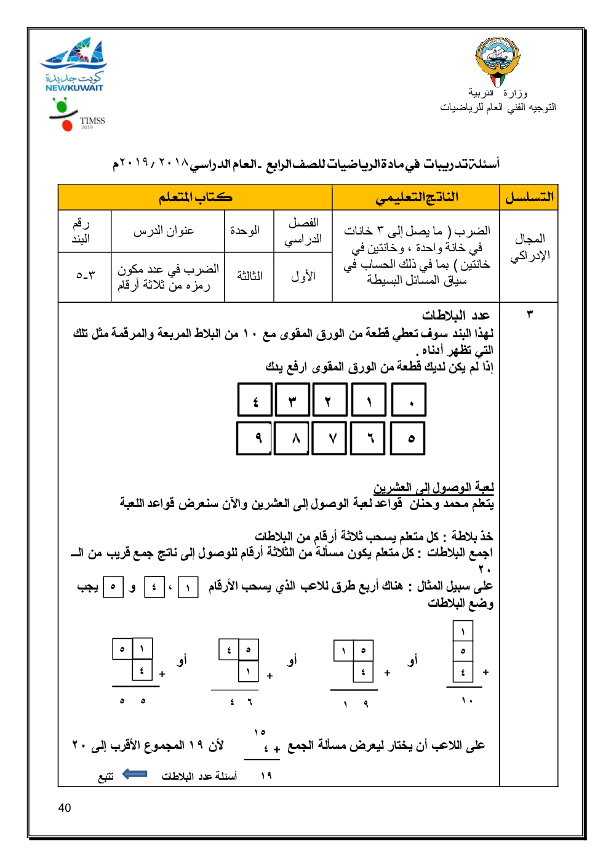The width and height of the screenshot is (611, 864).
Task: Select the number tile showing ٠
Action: [409, 400]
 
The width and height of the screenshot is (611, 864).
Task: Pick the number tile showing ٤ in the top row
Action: [255, 400]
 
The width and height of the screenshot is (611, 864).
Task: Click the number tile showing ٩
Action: [254, 438]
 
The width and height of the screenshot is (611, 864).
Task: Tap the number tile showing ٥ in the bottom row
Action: [408, 438]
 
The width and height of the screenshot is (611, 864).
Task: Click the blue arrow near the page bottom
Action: [135, 774]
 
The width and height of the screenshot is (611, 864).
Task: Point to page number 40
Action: [65, 808]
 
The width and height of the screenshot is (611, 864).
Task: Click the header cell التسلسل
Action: [529, 198]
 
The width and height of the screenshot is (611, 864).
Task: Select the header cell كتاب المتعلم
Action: [195, 198]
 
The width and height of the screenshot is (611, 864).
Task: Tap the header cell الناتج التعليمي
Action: [416, 198]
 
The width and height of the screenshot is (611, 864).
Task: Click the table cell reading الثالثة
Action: [249, 276]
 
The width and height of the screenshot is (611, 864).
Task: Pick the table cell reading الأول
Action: [303, 276]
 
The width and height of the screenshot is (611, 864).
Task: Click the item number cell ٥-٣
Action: [85, 275]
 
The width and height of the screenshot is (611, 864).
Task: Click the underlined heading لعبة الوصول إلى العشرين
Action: [434, 488]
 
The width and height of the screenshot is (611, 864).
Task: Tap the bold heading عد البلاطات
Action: [456, 316]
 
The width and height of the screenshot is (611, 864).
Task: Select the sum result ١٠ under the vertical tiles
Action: [466, 700]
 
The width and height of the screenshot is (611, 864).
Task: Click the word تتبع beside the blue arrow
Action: [106, 777]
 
